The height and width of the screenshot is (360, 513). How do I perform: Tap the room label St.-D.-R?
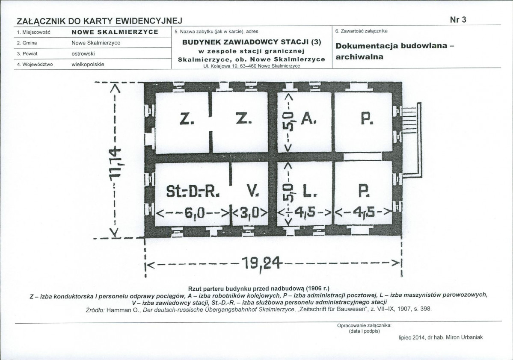pos(192,193)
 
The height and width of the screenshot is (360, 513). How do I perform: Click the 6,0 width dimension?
pos(193,212)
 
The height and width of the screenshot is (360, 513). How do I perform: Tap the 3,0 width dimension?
pos(249,212)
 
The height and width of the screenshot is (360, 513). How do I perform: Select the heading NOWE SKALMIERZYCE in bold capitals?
pos(115,32)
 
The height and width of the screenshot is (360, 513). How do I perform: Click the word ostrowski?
pos(83,54)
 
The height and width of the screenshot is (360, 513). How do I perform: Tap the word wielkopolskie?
pos(88,65)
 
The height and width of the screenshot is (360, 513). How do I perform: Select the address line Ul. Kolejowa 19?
pos(252,66)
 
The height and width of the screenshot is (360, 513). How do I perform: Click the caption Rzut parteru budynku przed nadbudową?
pos(259,288)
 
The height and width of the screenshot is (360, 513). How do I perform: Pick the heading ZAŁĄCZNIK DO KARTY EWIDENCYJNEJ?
pos(99,21)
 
